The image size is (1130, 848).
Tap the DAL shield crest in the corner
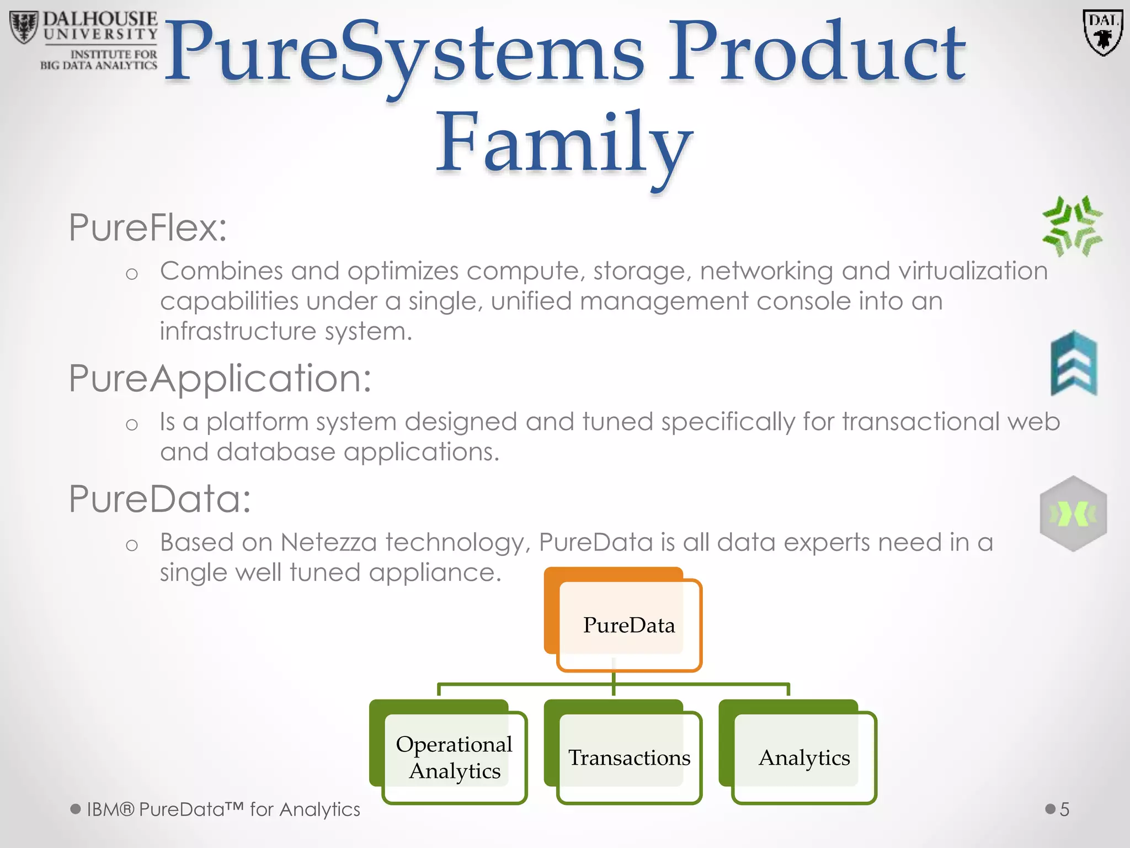tap(1102, 33)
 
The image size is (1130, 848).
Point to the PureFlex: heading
tap(148, 227)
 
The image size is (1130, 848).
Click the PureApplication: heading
tap(220, 379)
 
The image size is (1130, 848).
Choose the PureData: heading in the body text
tap(160, 499)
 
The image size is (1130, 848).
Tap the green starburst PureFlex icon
tap(1072, 226)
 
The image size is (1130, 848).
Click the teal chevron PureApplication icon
tap(1074, 363)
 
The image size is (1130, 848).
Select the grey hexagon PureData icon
tap(1073, 514)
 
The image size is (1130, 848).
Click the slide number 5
tap(1064, 809)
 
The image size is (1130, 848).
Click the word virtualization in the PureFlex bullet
tap(973, 271)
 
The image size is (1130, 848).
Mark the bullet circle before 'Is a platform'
tap(131, 425)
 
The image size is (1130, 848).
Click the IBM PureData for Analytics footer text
tap(223, 809)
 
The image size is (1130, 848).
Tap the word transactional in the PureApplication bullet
tap(920, 422)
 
